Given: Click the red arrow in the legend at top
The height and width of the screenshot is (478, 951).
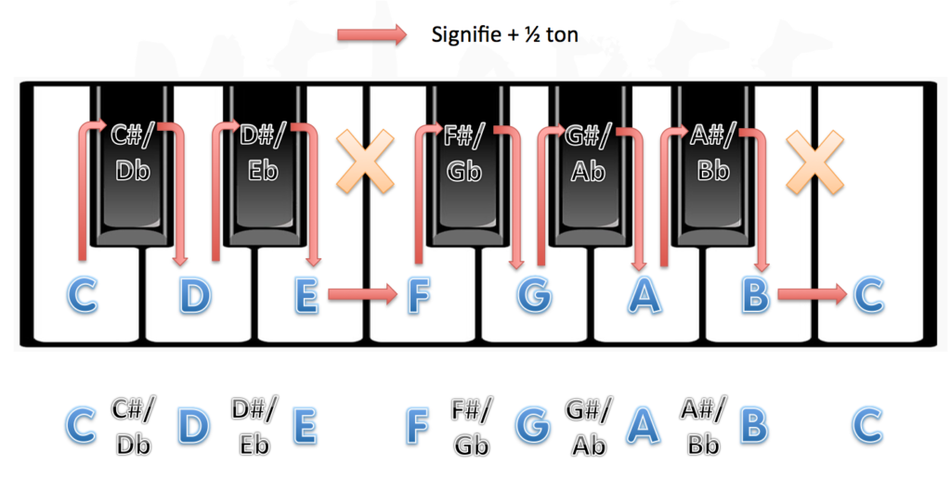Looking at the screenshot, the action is tap(371, 34).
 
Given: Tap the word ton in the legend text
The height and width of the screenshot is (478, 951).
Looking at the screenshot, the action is tap(562, 35).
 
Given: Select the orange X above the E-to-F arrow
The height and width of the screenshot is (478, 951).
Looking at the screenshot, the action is tap(365, 161).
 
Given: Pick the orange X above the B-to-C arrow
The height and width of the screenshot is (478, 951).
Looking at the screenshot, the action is tap(814, 161).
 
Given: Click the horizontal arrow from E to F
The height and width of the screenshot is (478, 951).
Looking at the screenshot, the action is tap(362, 294).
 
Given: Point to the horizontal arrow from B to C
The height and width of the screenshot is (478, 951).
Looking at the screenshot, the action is tap(812, 294).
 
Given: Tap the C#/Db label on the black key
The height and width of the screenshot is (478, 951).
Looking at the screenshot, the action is tap(133, 151).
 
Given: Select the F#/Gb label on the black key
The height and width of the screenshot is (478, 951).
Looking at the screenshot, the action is tap(464, 152).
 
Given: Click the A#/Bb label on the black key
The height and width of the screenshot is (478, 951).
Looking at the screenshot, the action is tap(713, 152).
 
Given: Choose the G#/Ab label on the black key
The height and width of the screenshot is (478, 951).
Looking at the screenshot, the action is tap(588, 152).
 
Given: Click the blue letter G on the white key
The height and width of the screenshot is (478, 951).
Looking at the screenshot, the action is tap(534, 295).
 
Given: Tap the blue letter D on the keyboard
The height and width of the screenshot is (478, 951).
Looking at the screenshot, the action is tap(195, 295).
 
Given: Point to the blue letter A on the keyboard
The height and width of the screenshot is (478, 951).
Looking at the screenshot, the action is tap(645, 295).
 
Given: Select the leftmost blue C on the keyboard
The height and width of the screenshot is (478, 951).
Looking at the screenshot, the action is tap(82, 295).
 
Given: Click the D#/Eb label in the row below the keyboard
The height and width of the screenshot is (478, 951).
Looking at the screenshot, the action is tap(254, 426).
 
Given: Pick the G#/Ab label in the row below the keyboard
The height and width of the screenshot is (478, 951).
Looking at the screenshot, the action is tap(589, 426).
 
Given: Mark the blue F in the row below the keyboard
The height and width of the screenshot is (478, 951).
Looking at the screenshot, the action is tap(417, 426).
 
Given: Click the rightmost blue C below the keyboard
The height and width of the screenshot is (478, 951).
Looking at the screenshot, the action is tap(867, 426).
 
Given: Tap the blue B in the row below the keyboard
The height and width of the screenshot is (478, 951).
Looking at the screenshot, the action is tap(754, 426).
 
